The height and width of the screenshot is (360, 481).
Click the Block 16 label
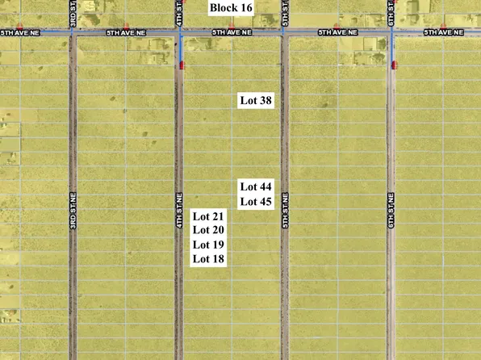(x=230, y=8)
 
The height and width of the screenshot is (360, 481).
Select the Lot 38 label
(x=256, y=101)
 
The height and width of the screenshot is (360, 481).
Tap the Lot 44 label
(x=256, y=186)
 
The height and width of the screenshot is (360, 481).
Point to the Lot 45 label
(x=256, y=201)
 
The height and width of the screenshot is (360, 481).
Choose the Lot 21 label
(x=208, y=216)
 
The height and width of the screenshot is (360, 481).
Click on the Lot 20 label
(x=208, y=230)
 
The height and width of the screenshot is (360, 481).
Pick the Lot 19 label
(x=208, y=245)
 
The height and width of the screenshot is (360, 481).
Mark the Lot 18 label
(x=208, y=259)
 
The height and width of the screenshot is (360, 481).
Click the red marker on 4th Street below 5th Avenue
(x=181, y=65)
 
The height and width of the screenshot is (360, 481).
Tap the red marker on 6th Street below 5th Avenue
(x=393, y=65)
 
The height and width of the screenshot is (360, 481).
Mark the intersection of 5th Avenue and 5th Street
(x=285, y=33)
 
